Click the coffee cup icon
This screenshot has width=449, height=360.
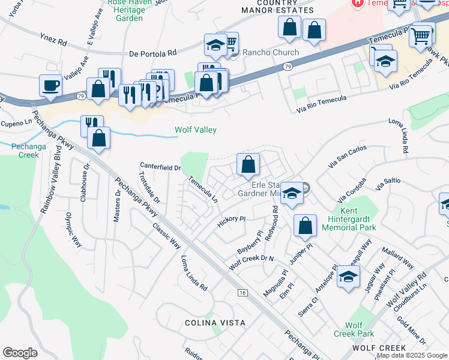[x=50, y=85]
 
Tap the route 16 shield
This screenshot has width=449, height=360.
[x=242, y=292]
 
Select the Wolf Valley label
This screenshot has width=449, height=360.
[x=195, y=130]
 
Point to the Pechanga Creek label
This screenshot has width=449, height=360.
[x=25, y=150]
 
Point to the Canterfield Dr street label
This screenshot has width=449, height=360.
[x=160, y=167]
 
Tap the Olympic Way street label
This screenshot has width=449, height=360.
[x=73, y=229]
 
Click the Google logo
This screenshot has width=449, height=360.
[x=20, y=353]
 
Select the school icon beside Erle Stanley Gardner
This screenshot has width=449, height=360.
[x=292, y=193]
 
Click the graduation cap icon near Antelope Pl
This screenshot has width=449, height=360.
[x=348, y=276]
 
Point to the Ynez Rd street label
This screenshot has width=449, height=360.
[x=55, y=42]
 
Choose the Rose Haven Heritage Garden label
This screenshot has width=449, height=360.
[x=128, y=10]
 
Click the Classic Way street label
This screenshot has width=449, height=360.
[x=166, y=236]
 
